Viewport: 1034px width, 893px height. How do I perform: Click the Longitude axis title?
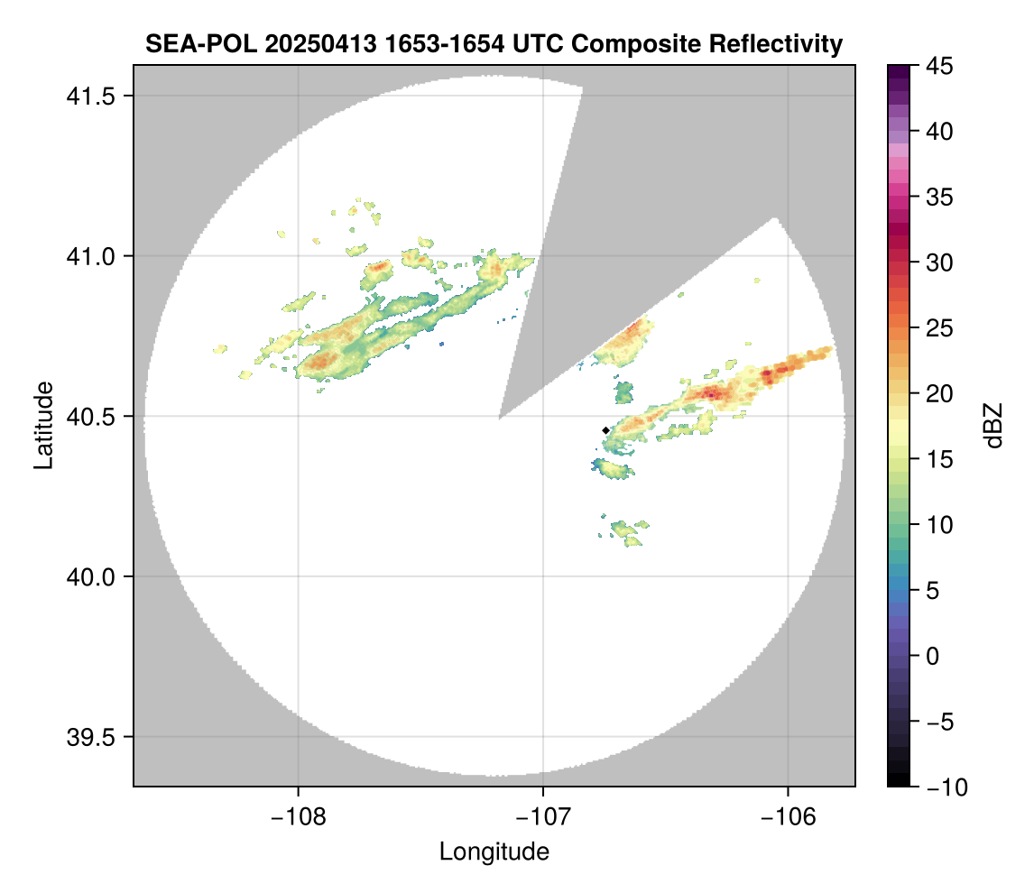point(494,852)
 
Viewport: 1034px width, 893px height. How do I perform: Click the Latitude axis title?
point(43,425)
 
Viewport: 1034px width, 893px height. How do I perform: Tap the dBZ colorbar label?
point(993,425)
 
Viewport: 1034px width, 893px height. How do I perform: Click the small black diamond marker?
point(605,430)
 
